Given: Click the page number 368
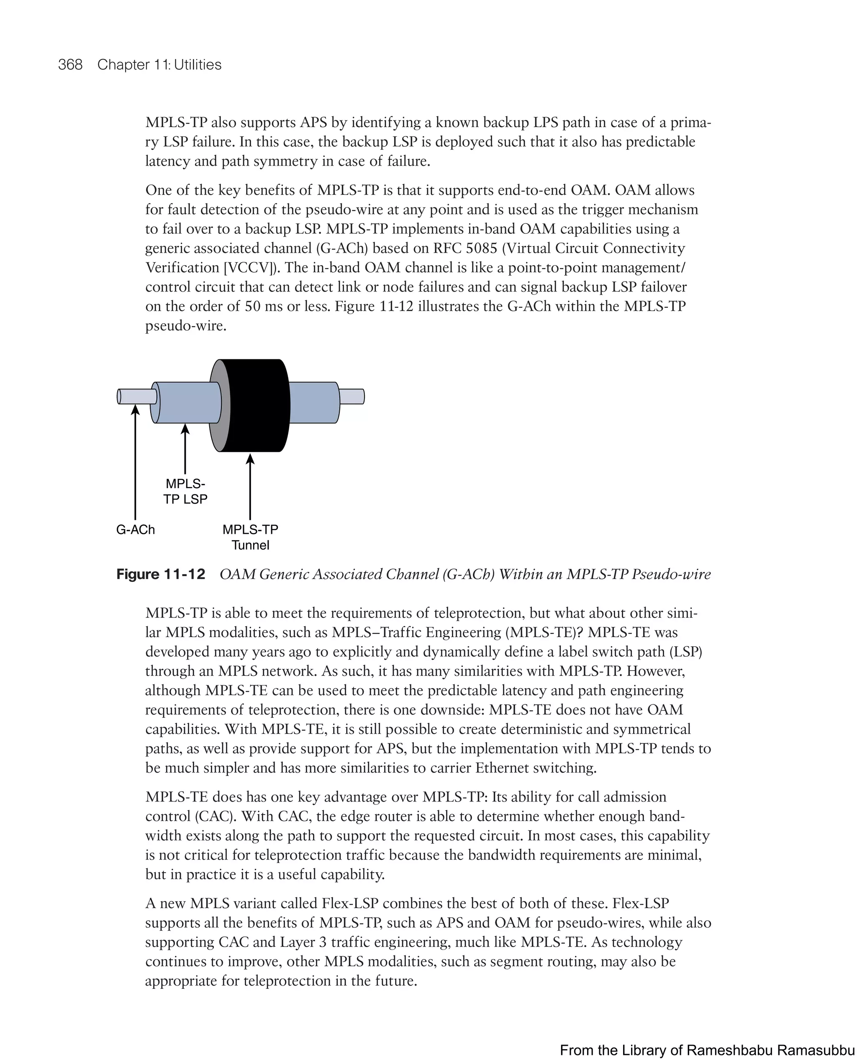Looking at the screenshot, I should coord(70,65).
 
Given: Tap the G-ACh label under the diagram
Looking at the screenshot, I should coord(135,530).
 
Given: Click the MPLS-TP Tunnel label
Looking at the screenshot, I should coord(250,538).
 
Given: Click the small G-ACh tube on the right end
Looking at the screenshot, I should coord(352,397).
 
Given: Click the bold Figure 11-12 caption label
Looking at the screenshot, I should coord(160,574).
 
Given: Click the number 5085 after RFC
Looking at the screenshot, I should coord(481,248).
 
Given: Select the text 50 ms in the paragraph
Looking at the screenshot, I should coord(264,307).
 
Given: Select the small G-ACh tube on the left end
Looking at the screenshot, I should coord(137,397).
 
